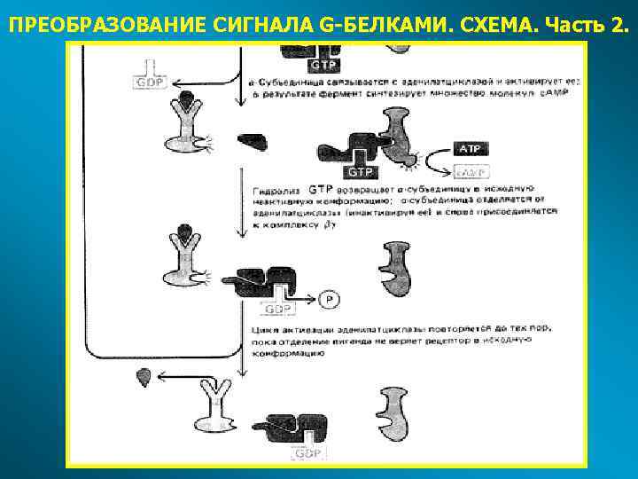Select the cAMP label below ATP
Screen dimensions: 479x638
(469, 171)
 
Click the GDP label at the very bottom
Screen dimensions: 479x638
(307, 453)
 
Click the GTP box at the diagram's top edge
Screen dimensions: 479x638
(322, 65)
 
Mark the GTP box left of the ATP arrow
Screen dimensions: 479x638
(361, 170)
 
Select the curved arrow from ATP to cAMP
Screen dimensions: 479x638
(432, 161)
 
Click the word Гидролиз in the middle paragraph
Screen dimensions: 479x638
(275, 190)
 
